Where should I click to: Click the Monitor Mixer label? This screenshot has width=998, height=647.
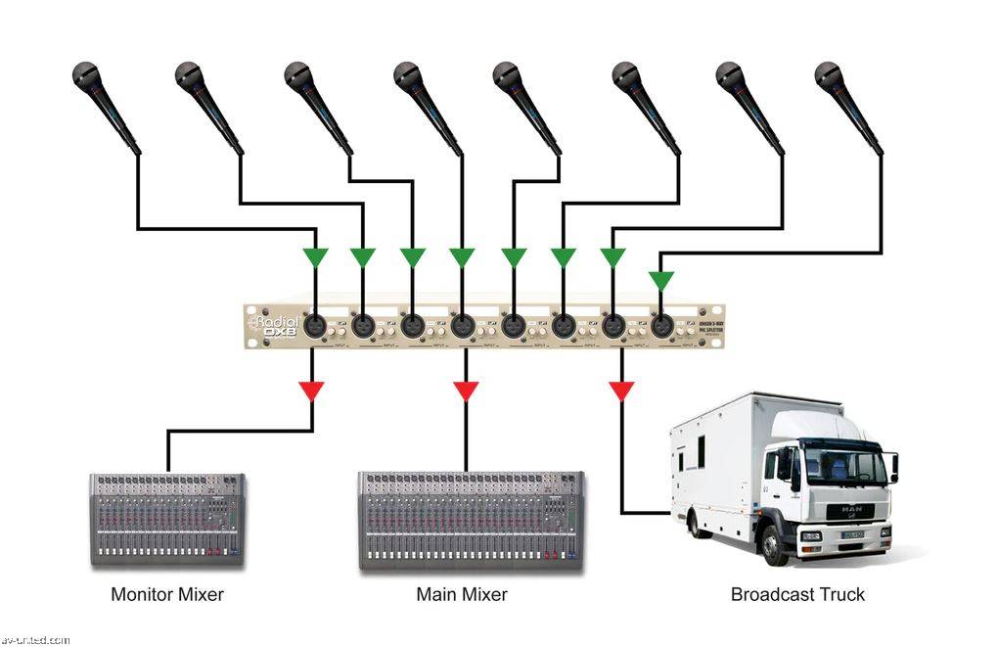167,594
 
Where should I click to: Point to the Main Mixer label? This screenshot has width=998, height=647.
462,594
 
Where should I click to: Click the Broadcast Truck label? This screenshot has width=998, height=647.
797,594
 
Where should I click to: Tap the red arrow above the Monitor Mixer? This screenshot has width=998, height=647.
312,392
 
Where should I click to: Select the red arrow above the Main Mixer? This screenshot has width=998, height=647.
466,392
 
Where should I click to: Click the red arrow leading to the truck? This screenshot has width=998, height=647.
621,392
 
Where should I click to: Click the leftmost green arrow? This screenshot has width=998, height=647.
315,257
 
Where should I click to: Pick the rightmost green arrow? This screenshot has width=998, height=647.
662,281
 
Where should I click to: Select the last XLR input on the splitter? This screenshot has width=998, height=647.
662,325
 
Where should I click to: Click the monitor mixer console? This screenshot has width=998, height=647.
167,520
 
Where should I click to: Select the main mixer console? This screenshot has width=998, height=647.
471,520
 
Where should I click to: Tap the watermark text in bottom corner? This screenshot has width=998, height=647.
35,640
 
